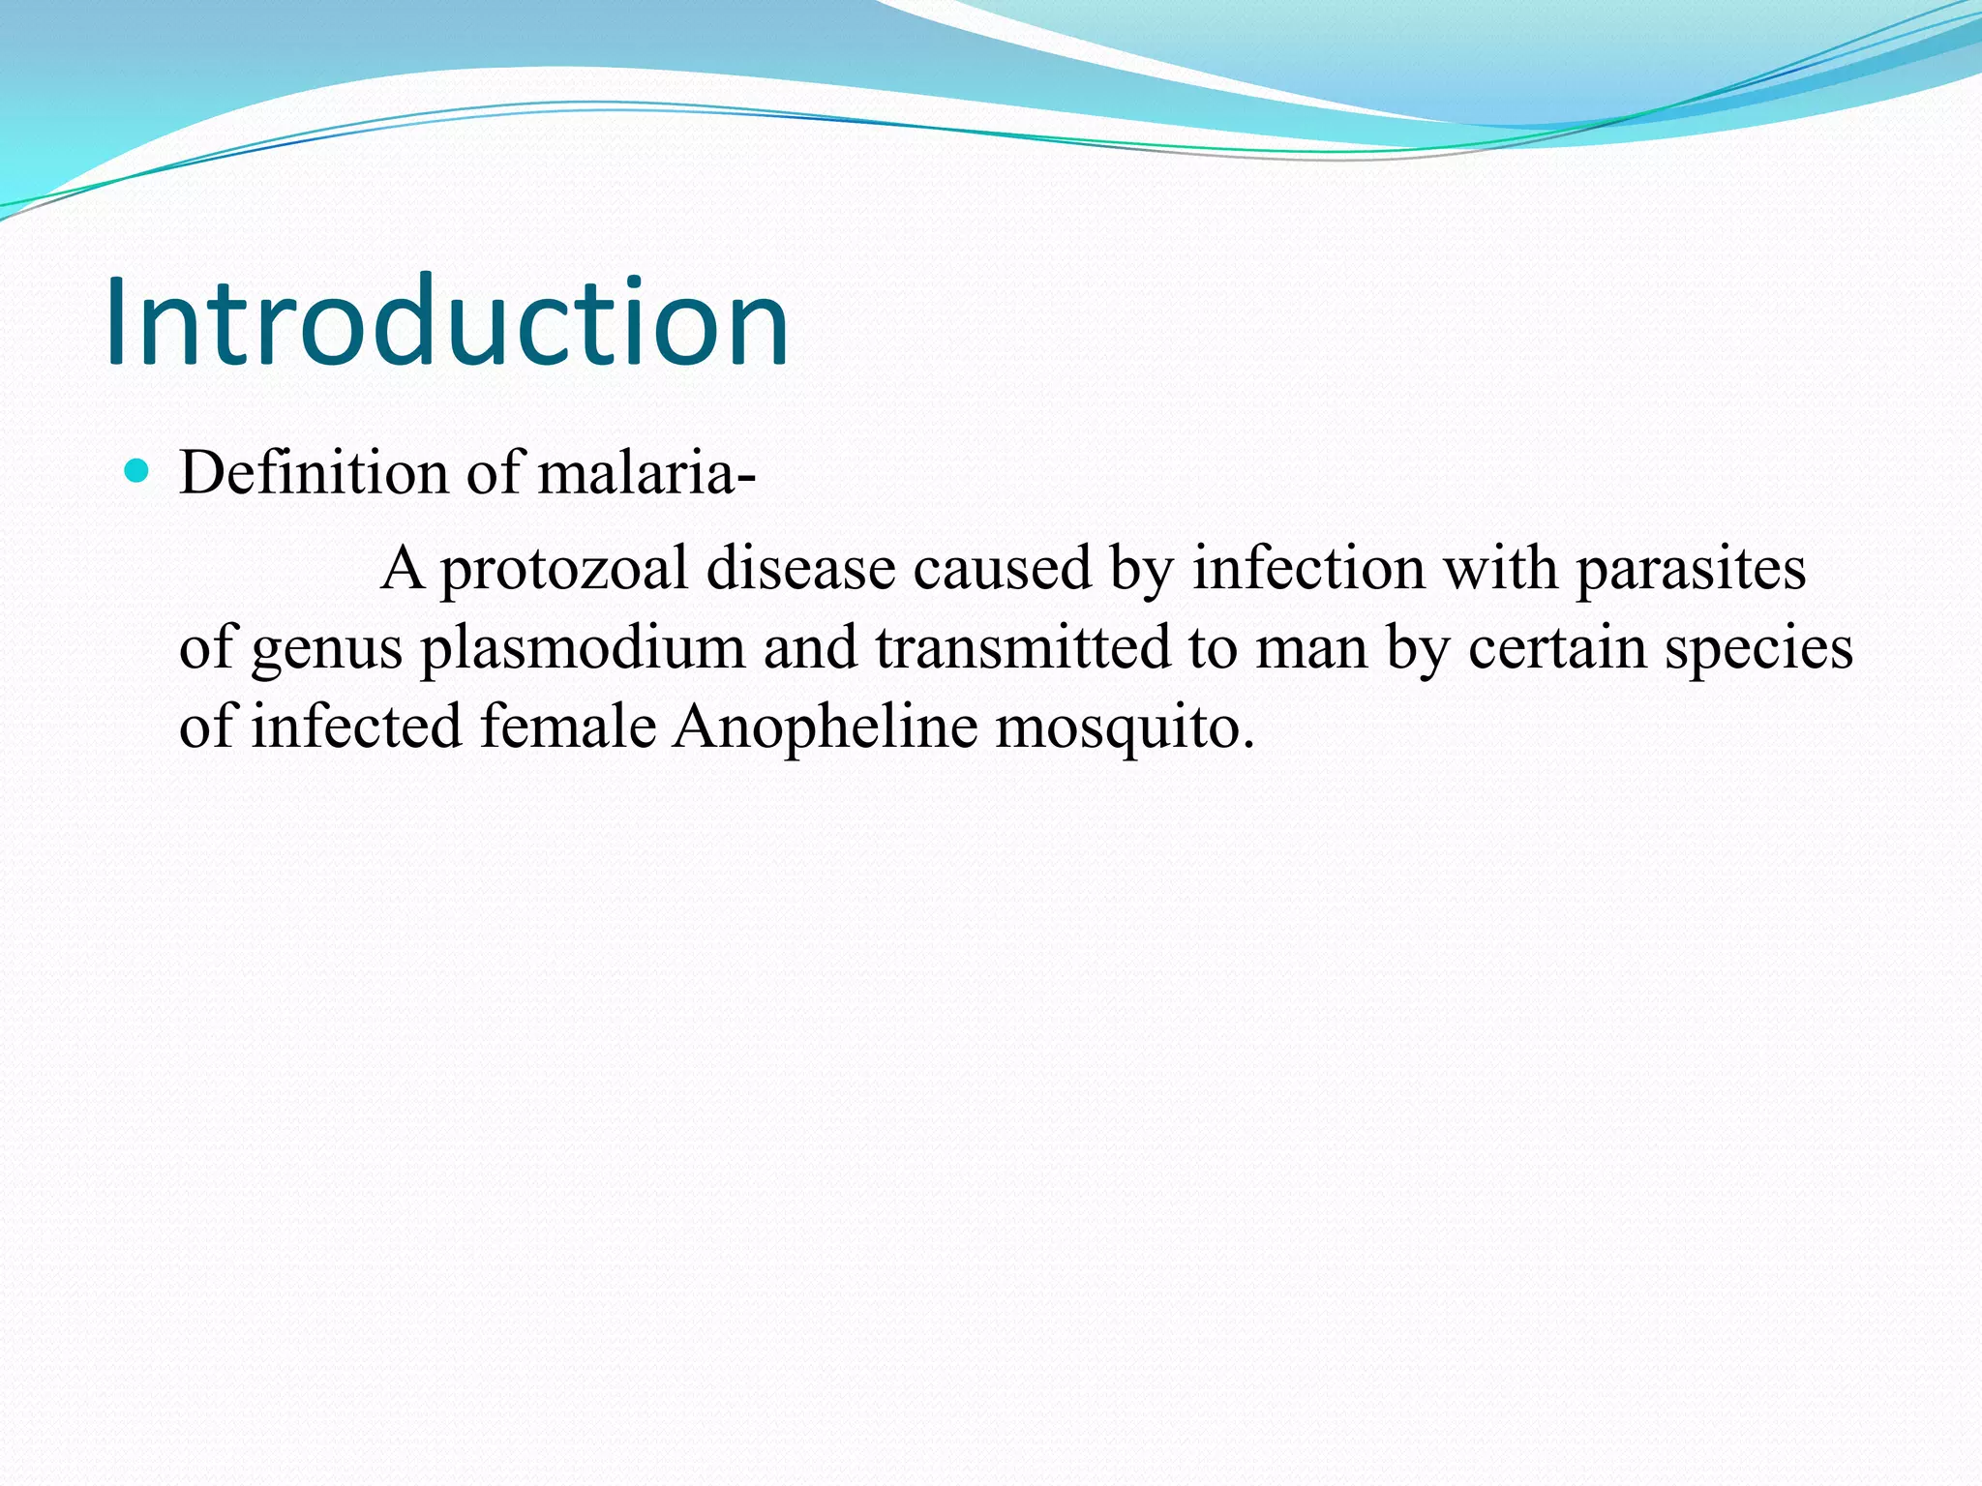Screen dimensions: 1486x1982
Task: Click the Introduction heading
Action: click(447, 322)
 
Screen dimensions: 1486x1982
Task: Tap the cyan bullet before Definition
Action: click(138, 472)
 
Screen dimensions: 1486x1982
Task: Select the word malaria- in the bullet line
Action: click(646, 473)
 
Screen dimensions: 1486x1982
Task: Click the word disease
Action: click(800, 568)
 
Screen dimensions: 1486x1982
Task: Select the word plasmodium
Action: click(583, 648)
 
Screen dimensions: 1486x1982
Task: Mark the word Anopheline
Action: click(826, 728)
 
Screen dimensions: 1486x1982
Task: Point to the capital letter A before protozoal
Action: click(403, 568)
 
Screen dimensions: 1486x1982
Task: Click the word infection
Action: click(1308, 568)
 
